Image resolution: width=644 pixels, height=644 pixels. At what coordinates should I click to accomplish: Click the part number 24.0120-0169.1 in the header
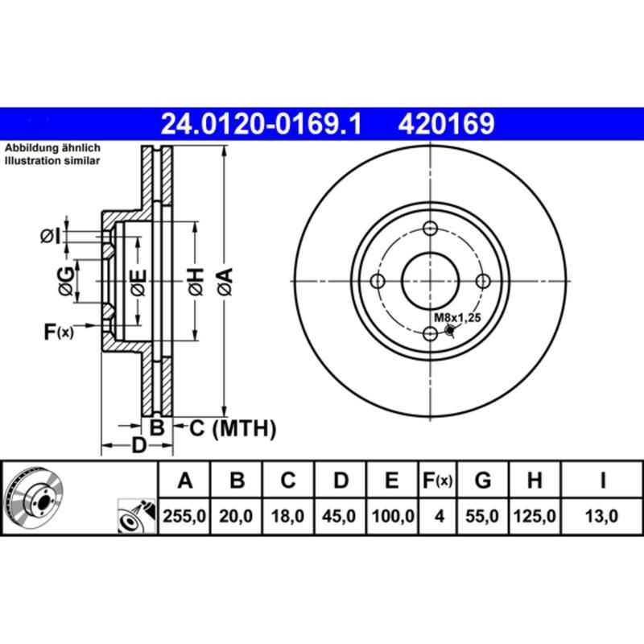tap(262, 124)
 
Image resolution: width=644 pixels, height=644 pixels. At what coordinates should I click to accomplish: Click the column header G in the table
tap(483, 481)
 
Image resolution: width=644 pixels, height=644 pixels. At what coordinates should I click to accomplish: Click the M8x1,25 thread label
tap(457, 318)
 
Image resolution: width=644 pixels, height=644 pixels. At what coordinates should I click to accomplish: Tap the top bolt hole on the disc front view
tap(431, 228)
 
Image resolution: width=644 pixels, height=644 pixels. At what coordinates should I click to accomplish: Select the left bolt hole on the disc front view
tap(378, 281)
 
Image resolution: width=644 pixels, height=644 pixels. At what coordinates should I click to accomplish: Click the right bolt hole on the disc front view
tap(484, 281)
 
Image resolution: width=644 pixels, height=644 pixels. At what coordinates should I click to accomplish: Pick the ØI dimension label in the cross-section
tap(49, 236)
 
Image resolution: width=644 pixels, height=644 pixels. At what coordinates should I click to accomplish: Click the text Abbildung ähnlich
tap(52, 149)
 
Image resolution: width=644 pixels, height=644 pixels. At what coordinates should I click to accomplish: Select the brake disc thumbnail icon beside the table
tap(35, 497)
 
